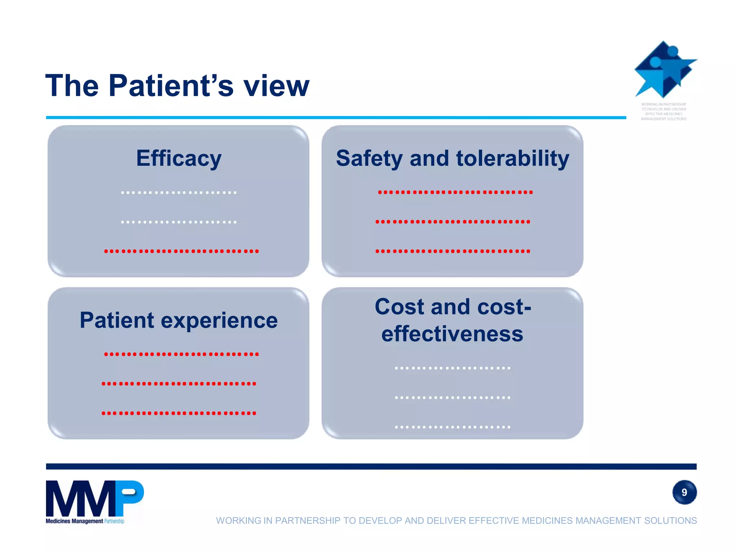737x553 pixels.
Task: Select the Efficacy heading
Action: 178,158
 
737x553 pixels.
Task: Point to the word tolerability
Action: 512,158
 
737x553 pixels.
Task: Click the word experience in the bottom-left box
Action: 219,320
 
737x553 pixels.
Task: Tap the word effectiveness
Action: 452,334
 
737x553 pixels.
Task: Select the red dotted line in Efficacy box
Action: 181,251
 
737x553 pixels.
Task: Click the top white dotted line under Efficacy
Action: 179,193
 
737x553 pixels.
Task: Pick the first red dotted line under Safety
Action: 455,192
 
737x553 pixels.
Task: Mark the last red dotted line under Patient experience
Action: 179,413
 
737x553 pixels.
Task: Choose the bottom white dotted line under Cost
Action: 452,427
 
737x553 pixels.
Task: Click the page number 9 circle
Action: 684,492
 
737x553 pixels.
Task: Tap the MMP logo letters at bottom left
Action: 94,498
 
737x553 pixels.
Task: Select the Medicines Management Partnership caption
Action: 85,521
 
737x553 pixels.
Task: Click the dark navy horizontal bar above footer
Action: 371,466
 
